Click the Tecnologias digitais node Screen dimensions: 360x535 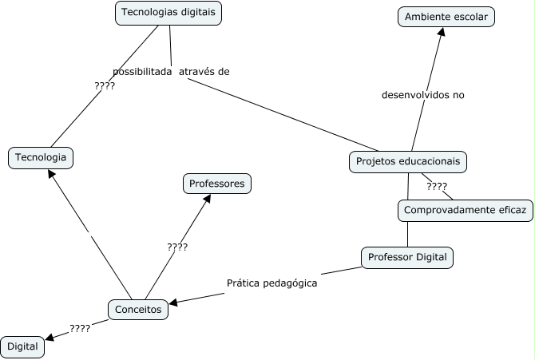pos(168,13)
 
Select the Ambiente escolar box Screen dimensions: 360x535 pos(447,17)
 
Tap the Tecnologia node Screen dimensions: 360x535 pos(41,157)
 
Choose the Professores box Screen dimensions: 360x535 pos(217,184)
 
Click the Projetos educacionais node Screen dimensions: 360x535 pos(408,161)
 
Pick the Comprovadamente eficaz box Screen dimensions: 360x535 pos(465,210)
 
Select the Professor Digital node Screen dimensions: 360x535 pos(407,258)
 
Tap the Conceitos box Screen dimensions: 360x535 pos(138,309)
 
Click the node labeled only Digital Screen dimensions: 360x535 pos(22,347)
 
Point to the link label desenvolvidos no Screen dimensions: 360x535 pos(423,95)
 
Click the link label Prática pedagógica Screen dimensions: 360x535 pos(272,283)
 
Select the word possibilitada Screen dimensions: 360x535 pos(143,72)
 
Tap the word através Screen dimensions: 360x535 pos(194,72)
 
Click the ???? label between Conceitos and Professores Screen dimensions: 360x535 pos(177,247)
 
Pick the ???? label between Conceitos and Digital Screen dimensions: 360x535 pos(80,328)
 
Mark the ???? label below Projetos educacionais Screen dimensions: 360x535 pos(437,187)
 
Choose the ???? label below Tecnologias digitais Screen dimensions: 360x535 pos(105,85)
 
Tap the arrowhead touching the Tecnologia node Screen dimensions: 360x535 pos(52,174)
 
